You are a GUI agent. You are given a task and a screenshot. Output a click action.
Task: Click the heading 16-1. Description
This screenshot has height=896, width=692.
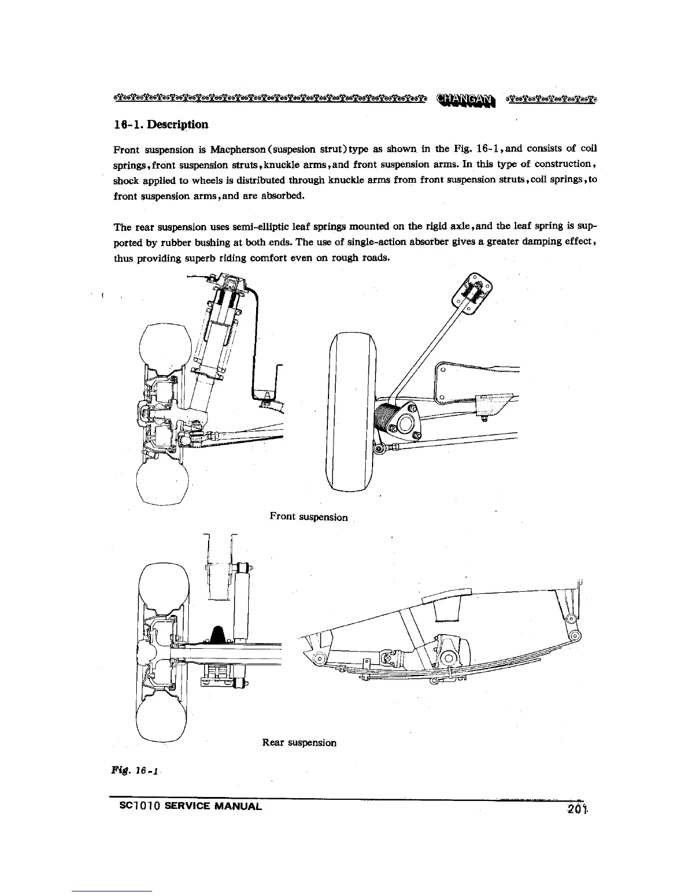(x=161, y=124)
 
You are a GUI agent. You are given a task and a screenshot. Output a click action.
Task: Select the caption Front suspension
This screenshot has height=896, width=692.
(x=309, y=517)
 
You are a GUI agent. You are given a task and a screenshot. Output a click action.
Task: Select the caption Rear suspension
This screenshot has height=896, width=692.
(x=300, y=743)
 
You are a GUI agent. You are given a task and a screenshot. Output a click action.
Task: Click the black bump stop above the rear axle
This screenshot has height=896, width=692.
(x=217, y=635)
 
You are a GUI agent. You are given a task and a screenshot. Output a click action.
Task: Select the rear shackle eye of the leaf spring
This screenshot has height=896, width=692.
(x=576, y=635)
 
